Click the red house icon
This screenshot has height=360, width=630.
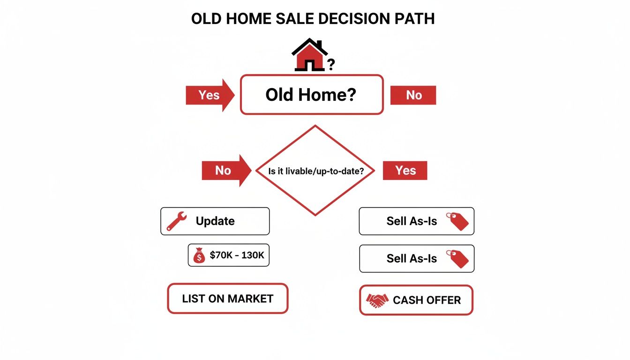tap(309, 55)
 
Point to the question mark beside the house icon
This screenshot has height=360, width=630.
tap(331, 65)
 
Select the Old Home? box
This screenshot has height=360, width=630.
tap(312, 95)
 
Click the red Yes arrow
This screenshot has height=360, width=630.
tap(210, 95)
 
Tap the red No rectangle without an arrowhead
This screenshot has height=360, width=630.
tap(413, 95)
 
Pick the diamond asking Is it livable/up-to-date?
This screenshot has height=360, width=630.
tap(315, 171)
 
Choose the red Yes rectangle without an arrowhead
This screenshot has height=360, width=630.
tap(405, 171)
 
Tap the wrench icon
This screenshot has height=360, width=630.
tap(177, 221)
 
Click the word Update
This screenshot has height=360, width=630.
tap(215, 221)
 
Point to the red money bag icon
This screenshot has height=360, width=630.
tap(199, 255)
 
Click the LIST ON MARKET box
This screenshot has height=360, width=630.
tap(228, 299)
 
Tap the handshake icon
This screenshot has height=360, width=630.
tap(377, 300)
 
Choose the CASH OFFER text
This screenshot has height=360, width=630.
tap(427, 300)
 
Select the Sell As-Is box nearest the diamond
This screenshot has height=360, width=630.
tap(416, 221)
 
